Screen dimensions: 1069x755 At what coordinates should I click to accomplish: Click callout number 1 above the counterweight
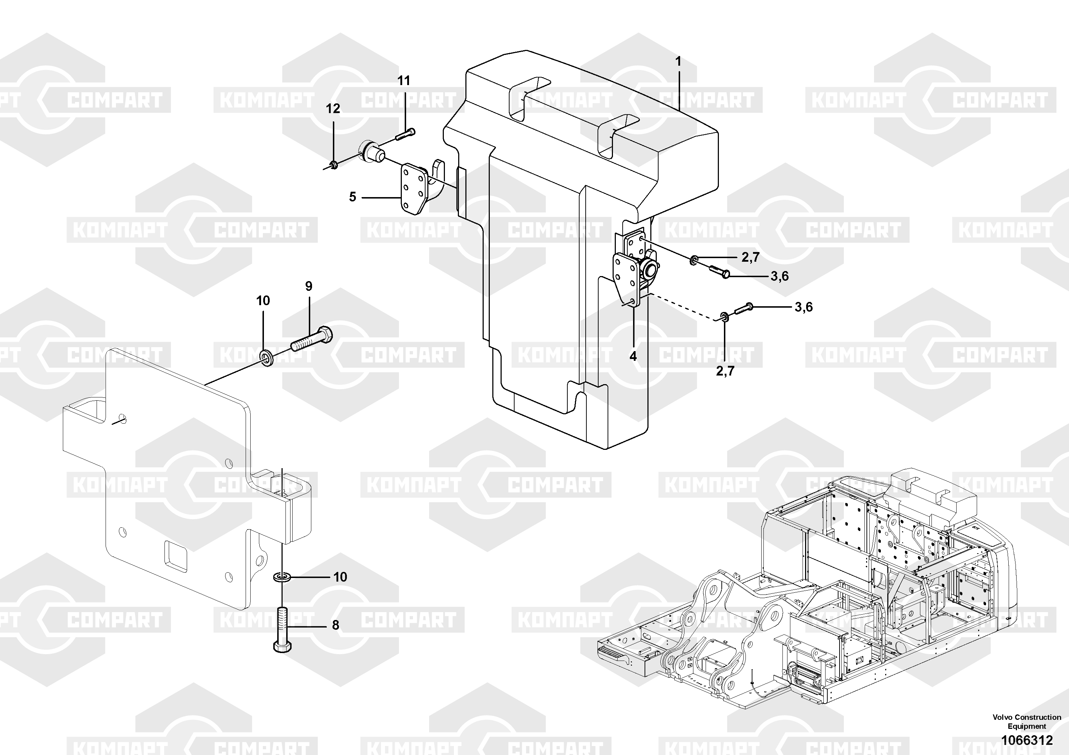[x=678, y=61]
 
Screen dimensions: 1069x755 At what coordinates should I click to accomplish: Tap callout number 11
[x=404, y=81]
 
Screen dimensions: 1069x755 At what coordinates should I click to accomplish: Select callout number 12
[x=333, y=109]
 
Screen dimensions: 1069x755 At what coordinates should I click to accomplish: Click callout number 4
[x=633, y=356]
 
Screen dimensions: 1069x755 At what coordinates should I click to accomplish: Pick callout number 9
[x=309, y=286]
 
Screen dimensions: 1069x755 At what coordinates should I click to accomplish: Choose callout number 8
[x=335, y=625]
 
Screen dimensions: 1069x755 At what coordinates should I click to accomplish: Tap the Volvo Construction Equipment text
[x=1027, y=722]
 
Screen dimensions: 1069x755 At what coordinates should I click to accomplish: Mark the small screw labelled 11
[x=405, y=134]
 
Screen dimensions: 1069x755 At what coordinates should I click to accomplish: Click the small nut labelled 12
[x=333, y=164]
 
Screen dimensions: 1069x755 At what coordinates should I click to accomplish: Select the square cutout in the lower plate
[x=176, y=556]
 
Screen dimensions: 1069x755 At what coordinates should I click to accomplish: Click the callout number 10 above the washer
[x=263, y=301]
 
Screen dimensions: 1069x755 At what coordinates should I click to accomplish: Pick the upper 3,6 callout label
[x=780, y=276]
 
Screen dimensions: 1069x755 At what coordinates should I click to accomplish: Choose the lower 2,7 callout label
[x=725, y=371]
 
